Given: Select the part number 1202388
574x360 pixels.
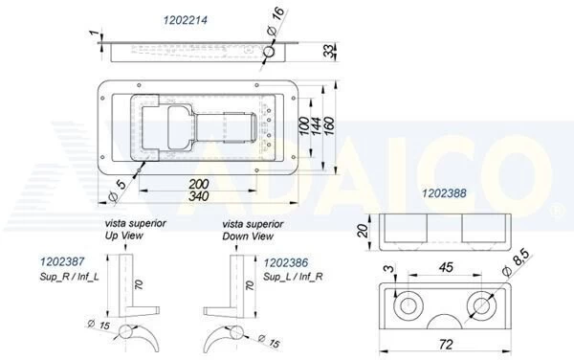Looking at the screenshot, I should click(444, 194).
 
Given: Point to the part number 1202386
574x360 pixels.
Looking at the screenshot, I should click(287, 260).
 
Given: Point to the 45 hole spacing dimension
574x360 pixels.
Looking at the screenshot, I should click(445, 268).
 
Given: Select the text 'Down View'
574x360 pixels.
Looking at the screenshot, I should click(248, 236).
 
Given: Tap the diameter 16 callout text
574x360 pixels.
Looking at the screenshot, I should click(276, 19).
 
